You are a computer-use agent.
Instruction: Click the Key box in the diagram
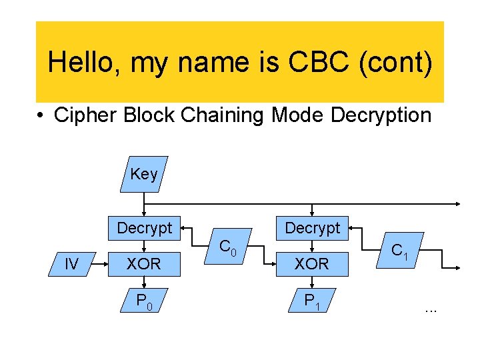click(x=144, y=175)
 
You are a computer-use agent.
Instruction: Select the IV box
click(x=71, y=264)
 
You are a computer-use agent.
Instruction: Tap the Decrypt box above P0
click(x=144, y=228)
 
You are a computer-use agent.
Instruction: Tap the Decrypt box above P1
click(x=312, y=228)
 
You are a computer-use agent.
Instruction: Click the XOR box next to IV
click(x=144, y=264)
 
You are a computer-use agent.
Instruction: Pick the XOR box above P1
click(x=312, y=264)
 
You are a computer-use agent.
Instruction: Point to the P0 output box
click(x=144, y=301)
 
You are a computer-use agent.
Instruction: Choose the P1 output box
click(x=312, y=301)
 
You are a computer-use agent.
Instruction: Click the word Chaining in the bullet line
click(x=217, y=115)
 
